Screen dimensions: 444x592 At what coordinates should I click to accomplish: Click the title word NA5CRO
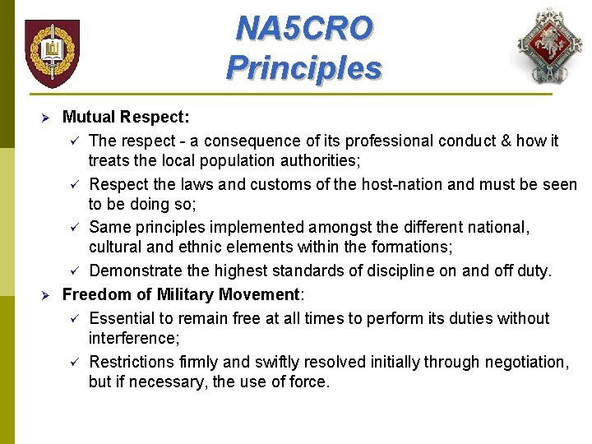click(x=303, y=29)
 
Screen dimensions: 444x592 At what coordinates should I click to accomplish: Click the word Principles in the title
click(x=303, y=67)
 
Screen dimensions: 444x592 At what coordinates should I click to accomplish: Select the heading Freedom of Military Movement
click(x=181, y=295)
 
